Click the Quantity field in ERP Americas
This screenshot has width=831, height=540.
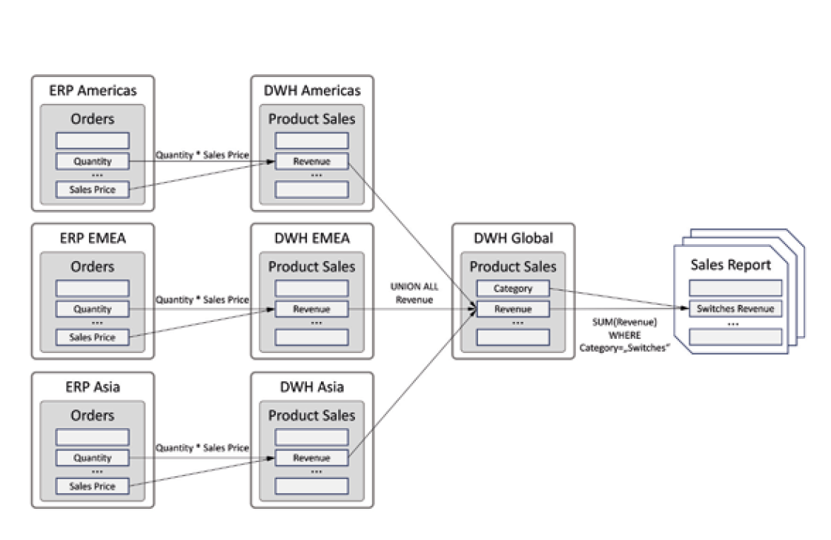pyautogui.click(x=93, y=161)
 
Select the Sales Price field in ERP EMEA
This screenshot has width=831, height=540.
pyautogui.click(x=93, y=337)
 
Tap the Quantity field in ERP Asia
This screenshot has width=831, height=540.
pyautogui.click(x=93, y=458)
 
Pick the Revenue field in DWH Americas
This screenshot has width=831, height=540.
pyautogui.click(x=311, y=161)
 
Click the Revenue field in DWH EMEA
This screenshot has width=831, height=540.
pyautogui.click(x=311, y=309)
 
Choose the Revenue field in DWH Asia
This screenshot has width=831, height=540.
pyautogui.click(x=311, y=458)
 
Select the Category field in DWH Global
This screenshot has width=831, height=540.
pyautogui.click(x=513, y=288)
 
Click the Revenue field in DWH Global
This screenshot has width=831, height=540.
pyautogui.click(x=513, y=309)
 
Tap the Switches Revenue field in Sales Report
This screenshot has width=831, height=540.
pyautogui.click(x=735, y=309)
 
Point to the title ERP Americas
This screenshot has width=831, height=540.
pyautogui.click(x=93, y=90)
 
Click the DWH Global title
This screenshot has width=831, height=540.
pyautogui.click(x=513, y=239)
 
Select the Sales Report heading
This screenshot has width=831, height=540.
pyautogui.click(x=730, y=265)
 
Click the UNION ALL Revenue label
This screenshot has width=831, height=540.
pyautogui.click(x=414, y=293)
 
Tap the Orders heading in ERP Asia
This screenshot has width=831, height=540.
pyautogui.click(x=93, y=415)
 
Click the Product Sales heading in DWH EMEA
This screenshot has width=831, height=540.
pyautogui.click(x=311, y=267)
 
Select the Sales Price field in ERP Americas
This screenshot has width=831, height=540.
pyautogui.click(x=93, y=189)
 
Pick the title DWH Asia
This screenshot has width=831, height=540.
pyautogui.click(x=311, y=387)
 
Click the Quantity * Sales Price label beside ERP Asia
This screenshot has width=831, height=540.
pyautogui.click(x=202, y=448)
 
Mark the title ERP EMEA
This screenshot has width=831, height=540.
pyautogui.click(x=93, y=239)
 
